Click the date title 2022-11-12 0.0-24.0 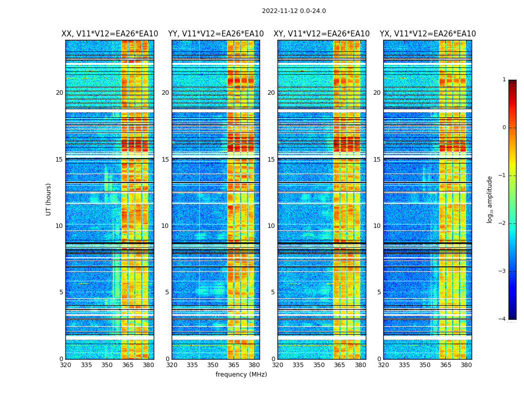tap(293, 11)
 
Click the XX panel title tap(110, 34)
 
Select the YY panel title tap(216, 34)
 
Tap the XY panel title tap(321, 34)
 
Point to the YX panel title tap(428, 34)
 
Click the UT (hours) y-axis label tap(49, 199)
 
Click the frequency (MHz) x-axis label tap(241, 375)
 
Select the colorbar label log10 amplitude tap(490, 199)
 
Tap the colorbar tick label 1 tap(504, 80)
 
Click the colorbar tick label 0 tap(504, 128)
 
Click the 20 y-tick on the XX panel tap(59, 93)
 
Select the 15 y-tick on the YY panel tap(165, 160)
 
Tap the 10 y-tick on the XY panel tap(271, 226)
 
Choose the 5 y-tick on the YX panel tap(379, 292)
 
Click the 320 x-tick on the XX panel tap(65, 365)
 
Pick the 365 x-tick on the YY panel tap(234, 365)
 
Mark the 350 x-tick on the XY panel tap(319, 365)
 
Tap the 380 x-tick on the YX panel tap(466, 365)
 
